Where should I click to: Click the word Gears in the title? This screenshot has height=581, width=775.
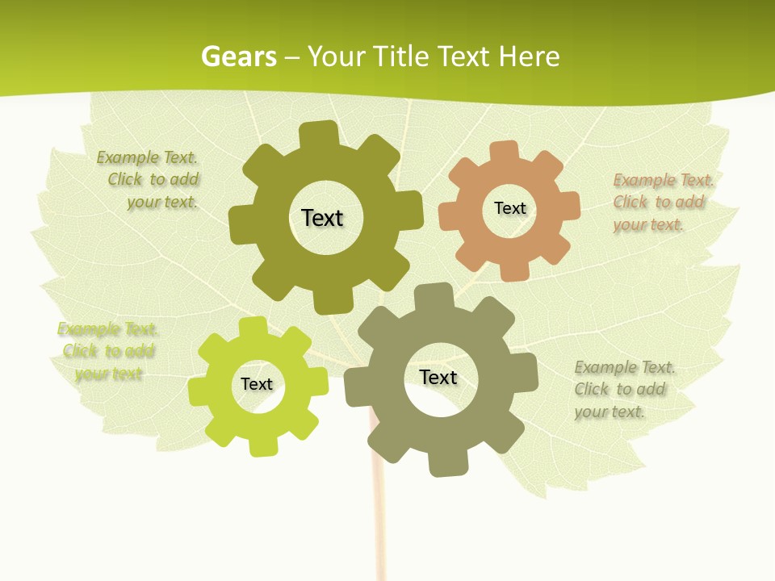pyautogui.click(x=239, y=57)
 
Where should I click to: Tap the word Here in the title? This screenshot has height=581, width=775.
pyautogui.click(x=529, y=57)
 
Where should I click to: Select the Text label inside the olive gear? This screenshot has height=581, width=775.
pyautogui.click(x=322, y=218)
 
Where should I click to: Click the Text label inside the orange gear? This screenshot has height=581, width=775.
pyautogui.click(x=509, y=208)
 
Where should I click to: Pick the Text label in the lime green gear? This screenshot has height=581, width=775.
pyautogui.click(x=257, y=384)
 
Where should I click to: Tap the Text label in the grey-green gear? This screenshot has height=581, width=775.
pyautogui.click(x=438, y=377)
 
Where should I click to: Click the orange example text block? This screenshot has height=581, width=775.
pyautogui.click(x=663, y=202)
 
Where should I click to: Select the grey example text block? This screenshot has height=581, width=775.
pyautogui.click(x=623, y=389)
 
